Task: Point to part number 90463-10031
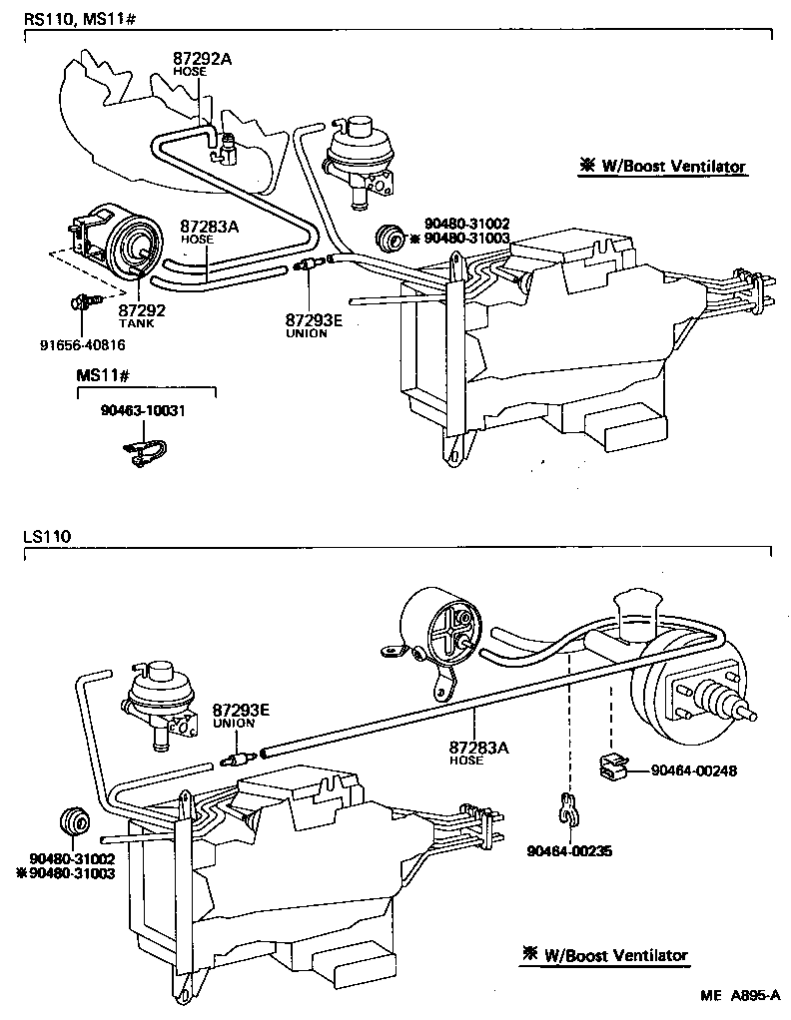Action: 144,410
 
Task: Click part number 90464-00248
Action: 694,770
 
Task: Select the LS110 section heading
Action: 47,538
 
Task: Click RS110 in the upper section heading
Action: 46,19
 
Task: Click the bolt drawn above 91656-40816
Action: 82,299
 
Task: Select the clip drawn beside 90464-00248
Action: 613,767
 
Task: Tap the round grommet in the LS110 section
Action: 74,819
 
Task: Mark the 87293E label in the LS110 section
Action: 241,710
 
